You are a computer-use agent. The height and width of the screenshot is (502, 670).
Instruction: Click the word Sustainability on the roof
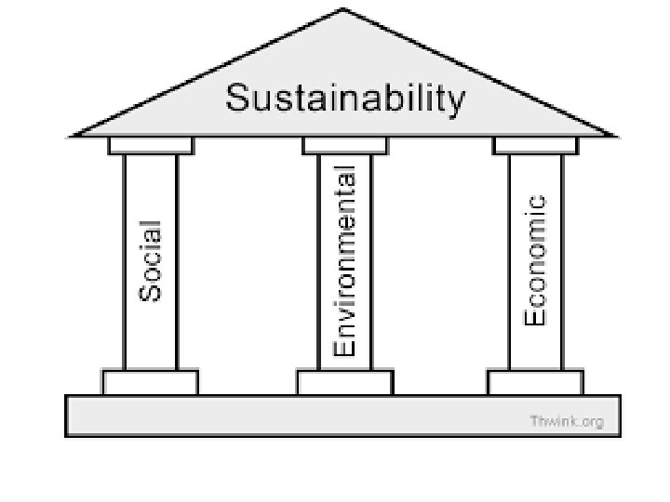tap(344, 99)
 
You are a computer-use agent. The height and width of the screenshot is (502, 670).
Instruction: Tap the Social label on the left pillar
tap(151, 259)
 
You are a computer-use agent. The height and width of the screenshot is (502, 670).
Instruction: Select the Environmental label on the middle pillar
tap(344, 261)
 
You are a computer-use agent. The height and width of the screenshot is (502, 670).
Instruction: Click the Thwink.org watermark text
tap(567, 421)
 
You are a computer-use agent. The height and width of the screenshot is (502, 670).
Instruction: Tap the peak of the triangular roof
tap(344, 11)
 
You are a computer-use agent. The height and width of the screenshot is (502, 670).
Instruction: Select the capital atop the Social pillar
tap(151, 146)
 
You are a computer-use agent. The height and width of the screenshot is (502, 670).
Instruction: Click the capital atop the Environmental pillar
tap(345, 146)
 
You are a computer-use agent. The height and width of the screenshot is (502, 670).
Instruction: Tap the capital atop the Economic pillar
tap(535, 146)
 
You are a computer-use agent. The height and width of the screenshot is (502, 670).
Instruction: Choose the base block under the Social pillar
tap(151, 382)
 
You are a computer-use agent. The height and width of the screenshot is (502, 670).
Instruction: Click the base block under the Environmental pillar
tap(344, 382)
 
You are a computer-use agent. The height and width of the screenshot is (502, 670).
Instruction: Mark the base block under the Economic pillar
tap(535, 382)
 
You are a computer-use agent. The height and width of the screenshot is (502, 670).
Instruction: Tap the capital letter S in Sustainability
tap(237, 98)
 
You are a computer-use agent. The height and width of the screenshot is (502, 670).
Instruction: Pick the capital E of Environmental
tap(344, 347)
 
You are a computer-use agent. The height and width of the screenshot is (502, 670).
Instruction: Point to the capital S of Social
tap(151, 291)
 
